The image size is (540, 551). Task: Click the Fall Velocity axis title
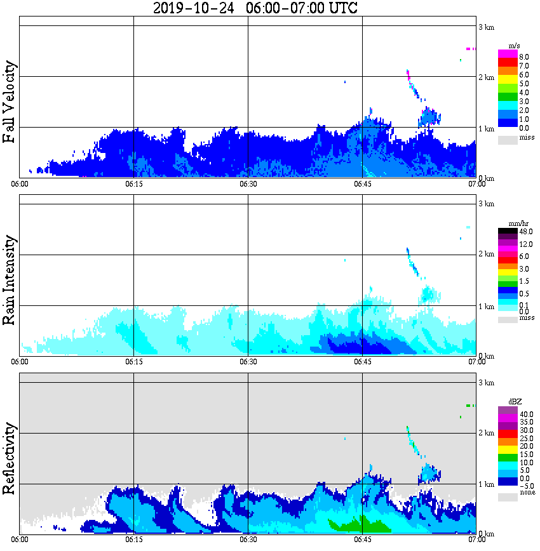[10, 102]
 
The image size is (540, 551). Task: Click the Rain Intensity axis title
[10, 280]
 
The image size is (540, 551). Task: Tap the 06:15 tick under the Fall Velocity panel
[133, 184]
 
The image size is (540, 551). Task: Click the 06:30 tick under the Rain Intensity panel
[248, 362]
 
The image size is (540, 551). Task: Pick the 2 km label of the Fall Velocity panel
[485, 77]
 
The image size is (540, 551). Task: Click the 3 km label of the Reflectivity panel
[485, 383]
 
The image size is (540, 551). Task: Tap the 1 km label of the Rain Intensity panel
[485, 306]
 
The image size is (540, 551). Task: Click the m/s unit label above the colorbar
[515, 45]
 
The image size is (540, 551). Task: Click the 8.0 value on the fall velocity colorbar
[524, 56]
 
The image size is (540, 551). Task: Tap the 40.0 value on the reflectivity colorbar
[525, 413]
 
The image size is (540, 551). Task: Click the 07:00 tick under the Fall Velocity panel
[476, 184]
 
